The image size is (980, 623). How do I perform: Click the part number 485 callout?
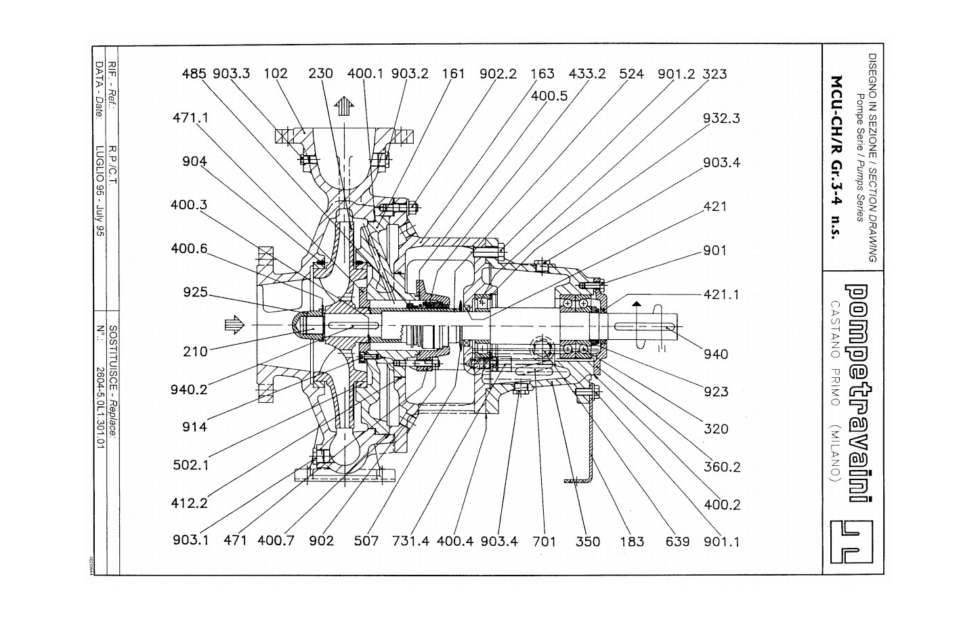tap(194, 74)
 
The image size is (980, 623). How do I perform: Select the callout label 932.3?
tap(721, 118)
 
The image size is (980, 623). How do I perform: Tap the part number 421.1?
tap(721, 295)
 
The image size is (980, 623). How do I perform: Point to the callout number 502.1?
tap(191, 465)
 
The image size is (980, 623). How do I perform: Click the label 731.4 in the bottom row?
tap(411, 541)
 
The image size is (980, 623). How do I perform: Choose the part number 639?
tap(677, 542)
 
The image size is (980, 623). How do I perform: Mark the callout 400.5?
tap(549, 95)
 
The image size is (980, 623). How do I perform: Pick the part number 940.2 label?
tap(189, 389)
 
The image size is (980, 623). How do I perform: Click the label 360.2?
tap(722, 467)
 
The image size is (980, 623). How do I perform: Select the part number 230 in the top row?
tap(320, 73)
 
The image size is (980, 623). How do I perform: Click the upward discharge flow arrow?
tap(344, 106)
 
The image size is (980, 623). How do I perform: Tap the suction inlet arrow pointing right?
tap(234, 324)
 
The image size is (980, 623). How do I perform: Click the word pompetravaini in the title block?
tap(857, 393)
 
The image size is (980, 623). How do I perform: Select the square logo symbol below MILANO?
tap(851, 542)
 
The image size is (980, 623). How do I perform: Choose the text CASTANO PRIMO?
tap(835, 353)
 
